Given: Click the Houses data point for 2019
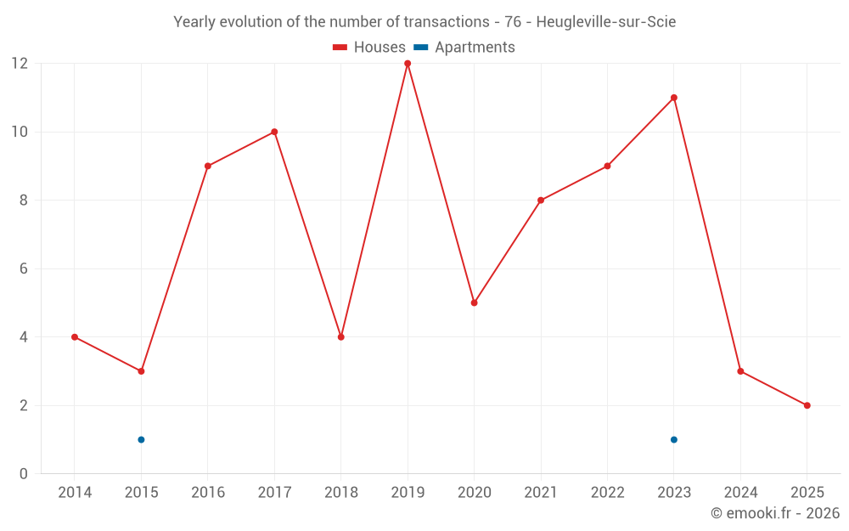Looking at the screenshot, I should tap(408, 64).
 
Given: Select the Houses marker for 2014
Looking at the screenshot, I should tap(75, 337).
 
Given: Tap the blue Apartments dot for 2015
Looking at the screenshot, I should tap(141, 439).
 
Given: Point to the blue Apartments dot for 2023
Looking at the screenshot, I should tap(674, 439).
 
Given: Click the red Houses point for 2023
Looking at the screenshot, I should tap(674, 98).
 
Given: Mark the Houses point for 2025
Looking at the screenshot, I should tap(807, 405).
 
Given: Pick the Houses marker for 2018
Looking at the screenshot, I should tap(341, 337).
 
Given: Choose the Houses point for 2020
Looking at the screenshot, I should tap(474, 302).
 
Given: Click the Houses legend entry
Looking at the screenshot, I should tap(369, 48).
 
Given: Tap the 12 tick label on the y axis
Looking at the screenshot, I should tap(19, 64).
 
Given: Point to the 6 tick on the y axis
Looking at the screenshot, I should tap(24, 268).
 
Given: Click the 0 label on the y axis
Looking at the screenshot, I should tap(24, 474).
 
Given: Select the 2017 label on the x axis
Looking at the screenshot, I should tap(274, 493).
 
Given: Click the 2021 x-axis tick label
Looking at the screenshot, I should tap(541, 493).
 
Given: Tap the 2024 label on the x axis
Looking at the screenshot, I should tap(740, 493).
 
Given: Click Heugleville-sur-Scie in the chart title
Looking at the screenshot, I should tap(606, 22).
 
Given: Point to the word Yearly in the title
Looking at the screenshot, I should tap(194, 22).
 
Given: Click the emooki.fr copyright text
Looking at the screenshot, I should tap(774, 513).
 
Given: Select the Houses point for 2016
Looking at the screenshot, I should tap(208, 166).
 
